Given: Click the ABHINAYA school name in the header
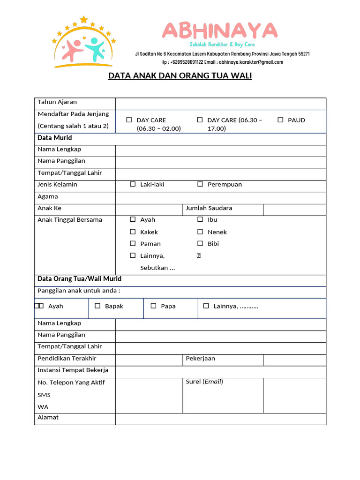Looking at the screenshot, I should [x=220, y=31].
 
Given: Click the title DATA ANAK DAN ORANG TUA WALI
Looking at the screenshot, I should [x=180, y=75].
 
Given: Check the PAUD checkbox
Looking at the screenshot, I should [x=280, y=120].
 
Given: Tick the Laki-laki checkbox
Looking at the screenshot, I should [x=133, y=184].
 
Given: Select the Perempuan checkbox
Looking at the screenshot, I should [x=200, y=184].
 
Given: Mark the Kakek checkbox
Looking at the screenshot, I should [x=133, y=232].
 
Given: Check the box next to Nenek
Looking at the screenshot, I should [x=200, y=232].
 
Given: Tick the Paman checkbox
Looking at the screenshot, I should [x=133, y=243].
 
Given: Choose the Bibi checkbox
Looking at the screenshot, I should [x=200, y=243].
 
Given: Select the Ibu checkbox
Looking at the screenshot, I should [x=200, y=219].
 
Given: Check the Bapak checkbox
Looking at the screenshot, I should [x=97, y=306].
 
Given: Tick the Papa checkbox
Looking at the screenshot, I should [x=153, y=306].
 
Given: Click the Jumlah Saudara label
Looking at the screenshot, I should [x=209, y=208].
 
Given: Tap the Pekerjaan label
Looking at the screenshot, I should [x=200, y=359].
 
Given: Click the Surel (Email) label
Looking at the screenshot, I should [x=204, y=382].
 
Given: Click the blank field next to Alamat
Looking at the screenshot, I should [x=220, y=419].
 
